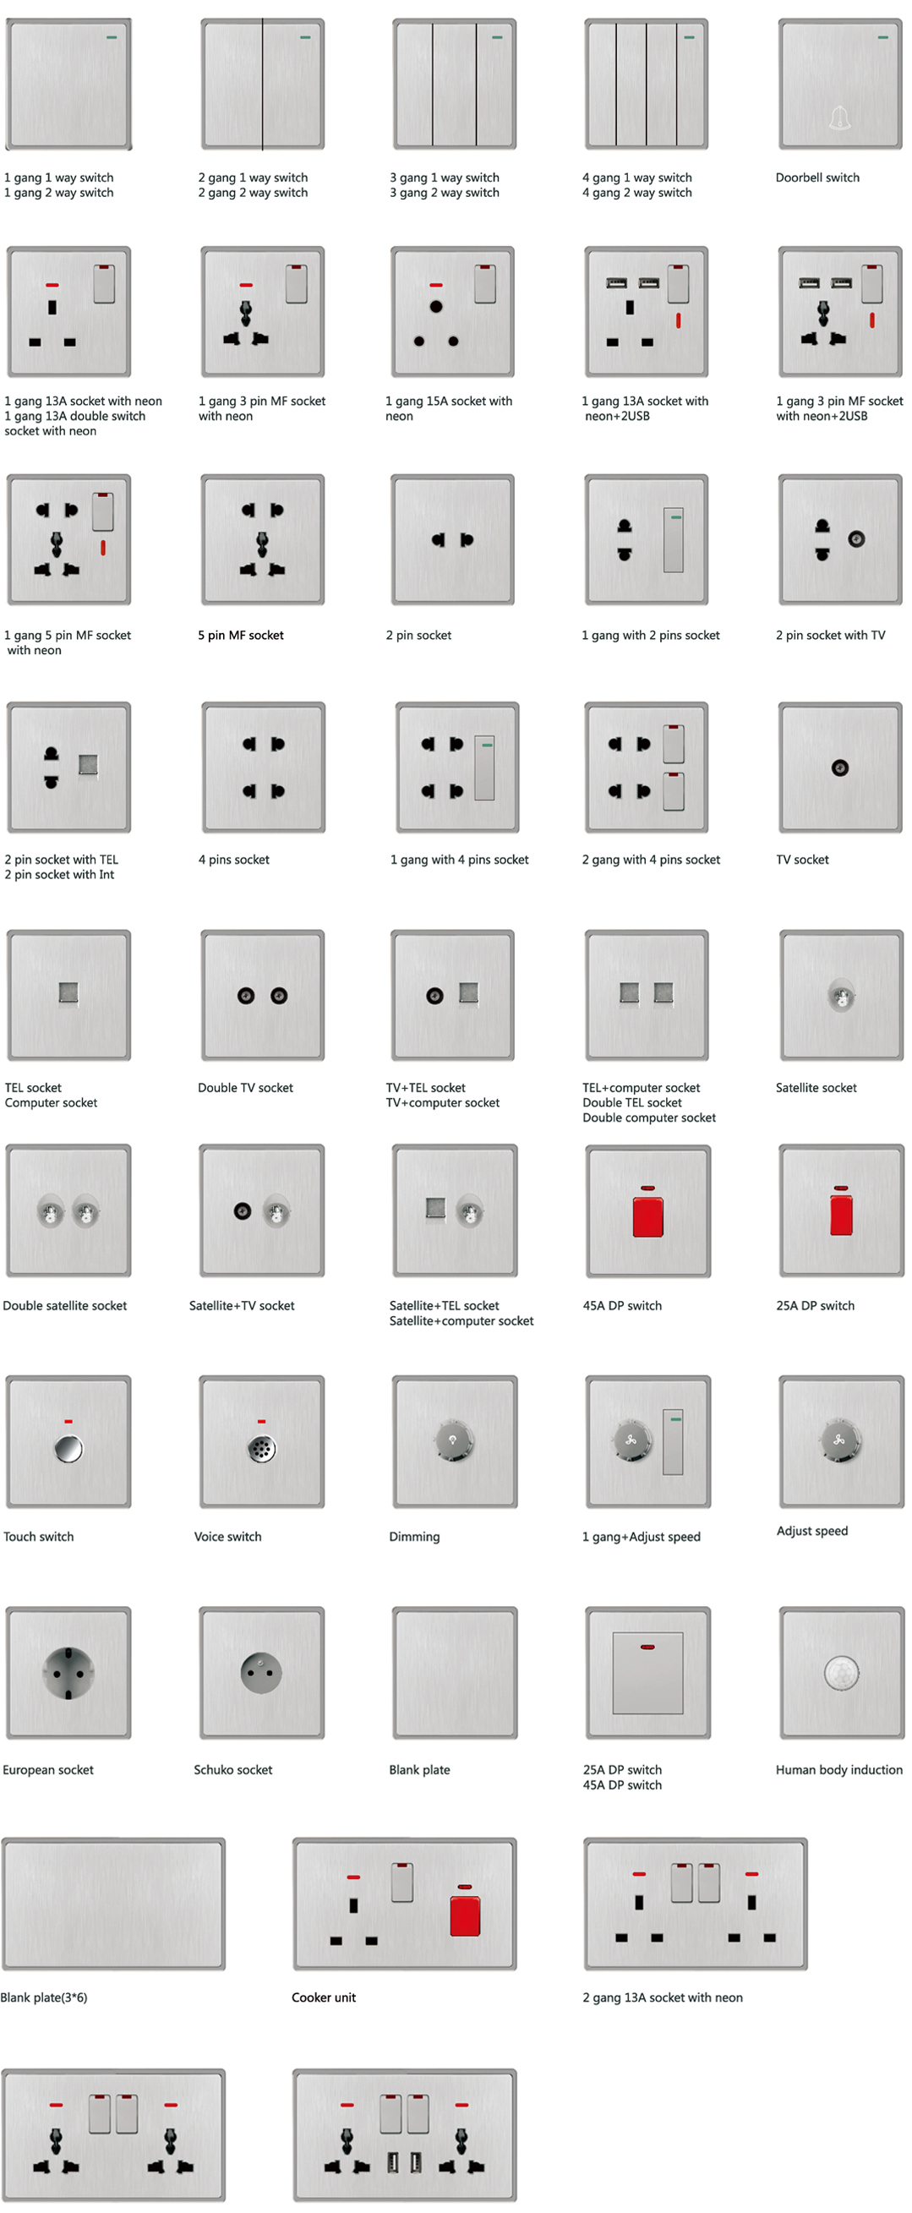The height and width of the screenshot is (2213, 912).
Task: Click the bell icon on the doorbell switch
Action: point(840,117)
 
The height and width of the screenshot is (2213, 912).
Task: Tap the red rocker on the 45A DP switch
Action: point(647,1216)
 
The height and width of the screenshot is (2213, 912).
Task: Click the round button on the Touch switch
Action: point(68,1448)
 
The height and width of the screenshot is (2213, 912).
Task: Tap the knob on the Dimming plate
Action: point(454,1440)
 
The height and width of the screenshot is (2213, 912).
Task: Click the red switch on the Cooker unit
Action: point(465,1915)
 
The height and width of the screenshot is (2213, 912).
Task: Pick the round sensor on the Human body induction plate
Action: point(841,1672)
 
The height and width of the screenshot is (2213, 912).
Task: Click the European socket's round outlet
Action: point(68,1673)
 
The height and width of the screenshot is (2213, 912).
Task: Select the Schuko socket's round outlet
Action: point(261,1673)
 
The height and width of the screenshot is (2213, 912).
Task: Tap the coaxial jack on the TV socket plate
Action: point(840,768)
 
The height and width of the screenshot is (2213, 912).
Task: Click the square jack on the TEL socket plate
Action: point(68,993)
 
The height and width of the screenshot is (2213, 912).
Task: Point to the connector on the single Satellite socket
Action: point(841,997)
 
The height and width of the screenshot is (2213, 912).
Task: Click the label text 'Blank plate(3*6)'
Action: point(44,1997)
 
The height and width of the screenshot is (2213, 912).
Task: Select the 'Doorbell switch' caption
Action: point(817,178)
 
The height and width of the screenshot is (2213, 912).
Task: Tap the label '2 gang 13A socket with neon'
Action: point(663,1997)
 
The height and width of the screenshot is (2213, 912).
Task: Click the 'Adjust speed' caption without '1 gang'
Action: point(811,1531)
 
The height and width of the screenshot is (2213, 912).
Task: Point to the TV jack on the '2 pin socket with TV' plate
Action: point(856,539)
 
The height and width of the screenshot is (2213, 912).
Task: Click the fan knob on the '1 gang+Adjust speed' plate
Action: point(631,1440)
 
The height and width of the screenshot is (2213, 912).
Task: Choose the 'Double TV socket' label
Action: point(246,1088)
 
